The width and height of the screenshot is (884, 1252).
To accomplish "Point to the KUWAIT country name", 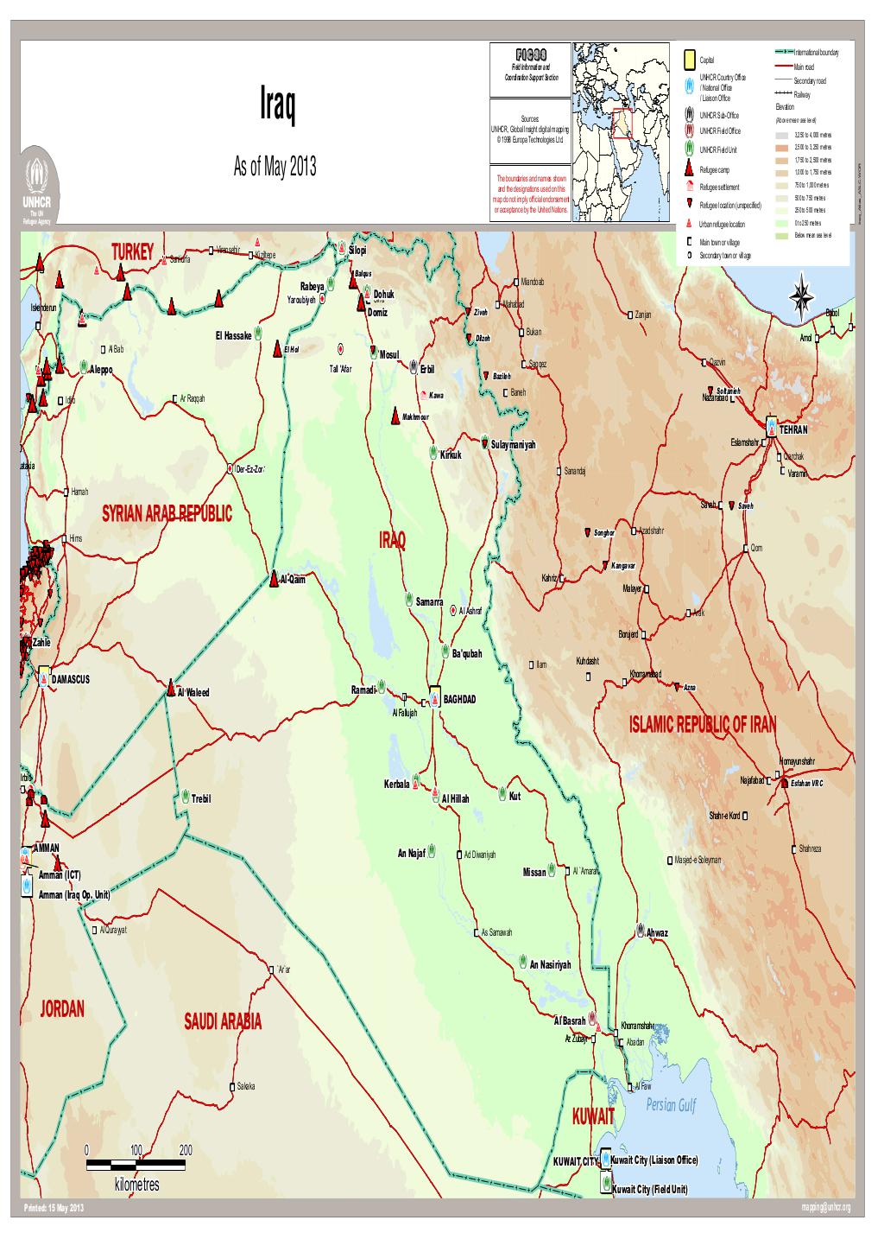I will [x=592, y=1117].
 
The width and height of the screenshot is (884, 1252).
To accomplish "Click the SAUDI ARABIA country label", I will [x=222, y=1022].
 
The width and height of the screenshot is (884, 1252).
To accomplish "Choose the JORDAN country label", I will [x=61, y=1009].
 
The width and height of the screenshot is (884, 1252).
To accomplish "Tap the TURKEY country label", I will [x=131, y=251].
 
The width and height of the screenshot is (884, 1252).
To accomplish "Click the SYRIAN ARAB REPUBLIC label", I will [x=167, y=515].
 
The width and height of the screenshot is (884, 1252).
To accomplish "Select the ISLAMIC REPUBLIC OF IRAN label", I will [x=703, y=724].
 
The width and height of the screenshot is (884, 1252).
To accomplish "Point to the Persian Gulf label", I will [x=669, y=1106].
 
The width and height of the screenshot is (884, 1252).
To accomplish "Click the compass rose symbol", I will [x=801, y=296].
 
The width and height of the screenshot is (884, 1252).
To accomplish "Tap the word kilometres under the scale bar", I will [x=136, y=1185].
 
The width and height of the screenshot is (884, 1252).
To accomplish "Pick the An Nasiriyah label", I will [x=550, y=964].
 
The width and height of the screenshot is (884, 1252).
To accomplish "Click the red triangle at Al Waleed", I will [x=172, y=690].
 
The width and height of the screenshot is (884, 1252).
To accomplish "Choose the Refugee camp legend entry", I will [x=714, y=170].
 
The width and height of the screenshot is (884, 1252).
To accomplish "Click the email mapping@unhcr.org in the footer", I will [x=826, y=1207].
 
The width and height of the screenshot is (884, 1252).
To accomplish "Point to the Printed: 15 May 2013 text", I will [x=54, y=1207].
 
